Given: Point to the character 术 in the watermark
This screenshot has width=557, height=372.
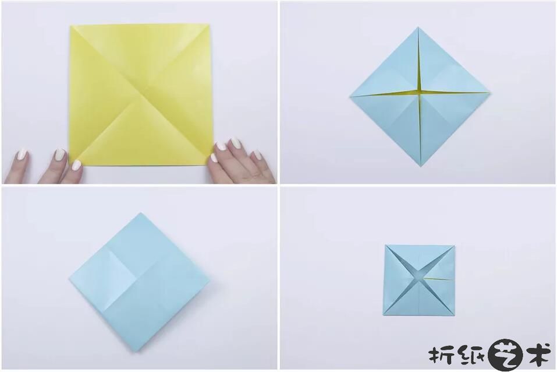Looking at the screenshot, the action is [538, 354].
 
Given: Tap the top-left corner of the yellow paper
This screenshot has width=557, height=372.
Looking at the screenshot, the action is [70, 26].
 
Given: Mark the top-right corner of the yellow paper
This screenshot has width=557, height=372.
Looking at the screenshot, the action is [209, 24].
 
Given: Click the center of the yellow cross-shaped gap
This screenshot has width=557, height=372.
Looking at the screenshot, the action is [420, 93].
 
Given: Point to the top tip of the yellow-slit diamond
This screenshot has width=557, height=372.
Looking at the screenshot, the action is [418, 27].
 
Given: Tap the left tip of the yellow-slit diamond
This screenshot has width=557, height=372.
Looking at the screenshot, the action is [350, 96].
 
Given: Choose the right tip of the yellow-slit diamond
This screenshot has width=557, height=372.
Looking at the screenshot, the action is [490, 93].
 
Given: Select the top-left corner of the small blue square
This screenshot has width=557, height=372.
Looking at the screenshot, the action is [385, 245].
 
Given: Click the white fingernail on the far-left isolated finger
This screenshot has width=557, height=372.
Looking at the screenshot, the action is [22, 155].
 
